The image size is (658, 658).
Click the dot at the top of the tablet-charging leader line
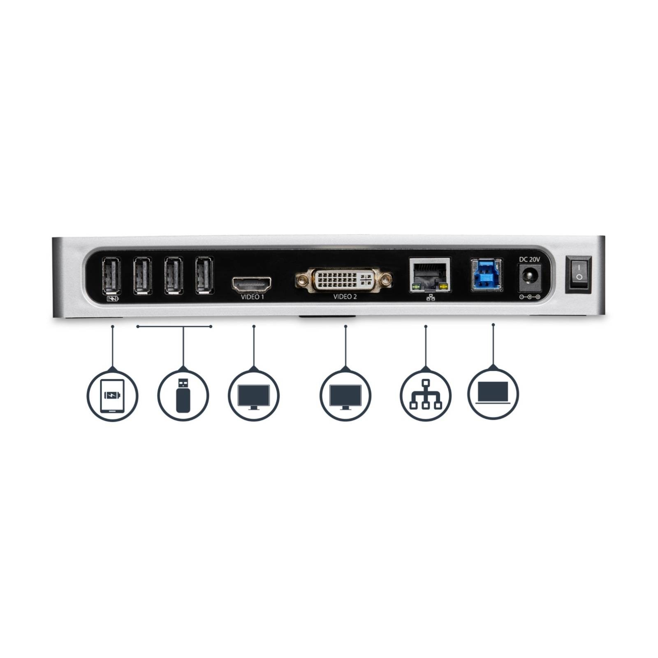(x=112, y=327)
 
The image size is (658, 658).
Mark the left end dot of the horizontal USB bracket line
(x=137, y=327)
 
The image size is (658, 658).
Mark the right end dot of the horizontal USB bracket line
(x=211, y=327)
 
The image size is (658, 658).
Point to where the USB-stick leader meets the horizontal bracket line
(x=183, y=327)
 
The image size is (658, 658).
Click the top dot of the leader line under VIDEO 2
(x=345, y=327)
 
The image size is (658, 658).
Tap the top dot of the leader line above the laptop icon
(x=493, y=325)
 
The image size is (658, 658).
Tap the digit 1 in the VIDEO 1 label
(x=262, y=297)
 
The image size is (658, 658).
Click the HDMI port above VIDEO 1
(x=252, y=283)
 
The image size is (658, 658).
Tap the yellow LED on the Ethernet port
(x=443, y=286)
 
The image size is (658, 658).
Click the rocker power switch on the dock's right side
(x=579, y=275)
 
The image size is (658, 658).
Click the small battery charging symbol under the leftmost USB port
(x=112, y=299)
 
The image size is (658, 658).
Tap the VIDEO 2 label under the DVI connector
(x=345, y=297)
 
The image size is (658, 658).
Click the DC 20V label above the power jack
(x=529, y=259)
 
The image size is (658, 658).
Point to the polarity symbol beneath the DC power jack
(x=529, y=297)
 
